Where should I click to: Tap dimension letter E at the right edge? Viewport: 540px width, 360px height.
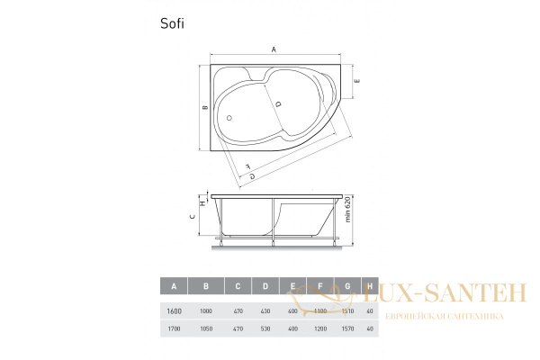tap(357, 81)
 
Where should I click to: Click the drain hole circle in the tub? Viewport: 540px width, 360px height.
tap(230, 117)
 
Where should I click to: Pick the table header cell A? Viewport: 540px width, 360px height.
tap(173, 286)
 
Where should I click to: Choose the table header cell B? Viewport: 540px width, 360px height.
tap(206, 286)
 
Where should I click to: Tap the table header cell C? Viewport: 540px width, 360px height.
tap(238, 286)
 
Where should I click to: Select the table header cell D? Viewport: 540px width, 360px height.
tap(265, 286)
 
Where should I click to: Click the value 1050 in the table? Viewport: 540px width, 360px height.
tap(206, 329)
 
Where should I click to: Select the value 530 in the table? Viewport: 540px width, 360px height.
tap(265, 329)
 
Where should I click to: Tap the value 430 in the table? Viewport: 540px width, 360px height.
tap(265, 310)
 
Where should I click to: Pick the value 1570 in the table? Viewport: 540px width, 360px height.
tap(348, 329)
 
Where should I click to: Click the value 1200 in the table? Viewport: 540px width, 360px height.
tap(319, 329)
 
